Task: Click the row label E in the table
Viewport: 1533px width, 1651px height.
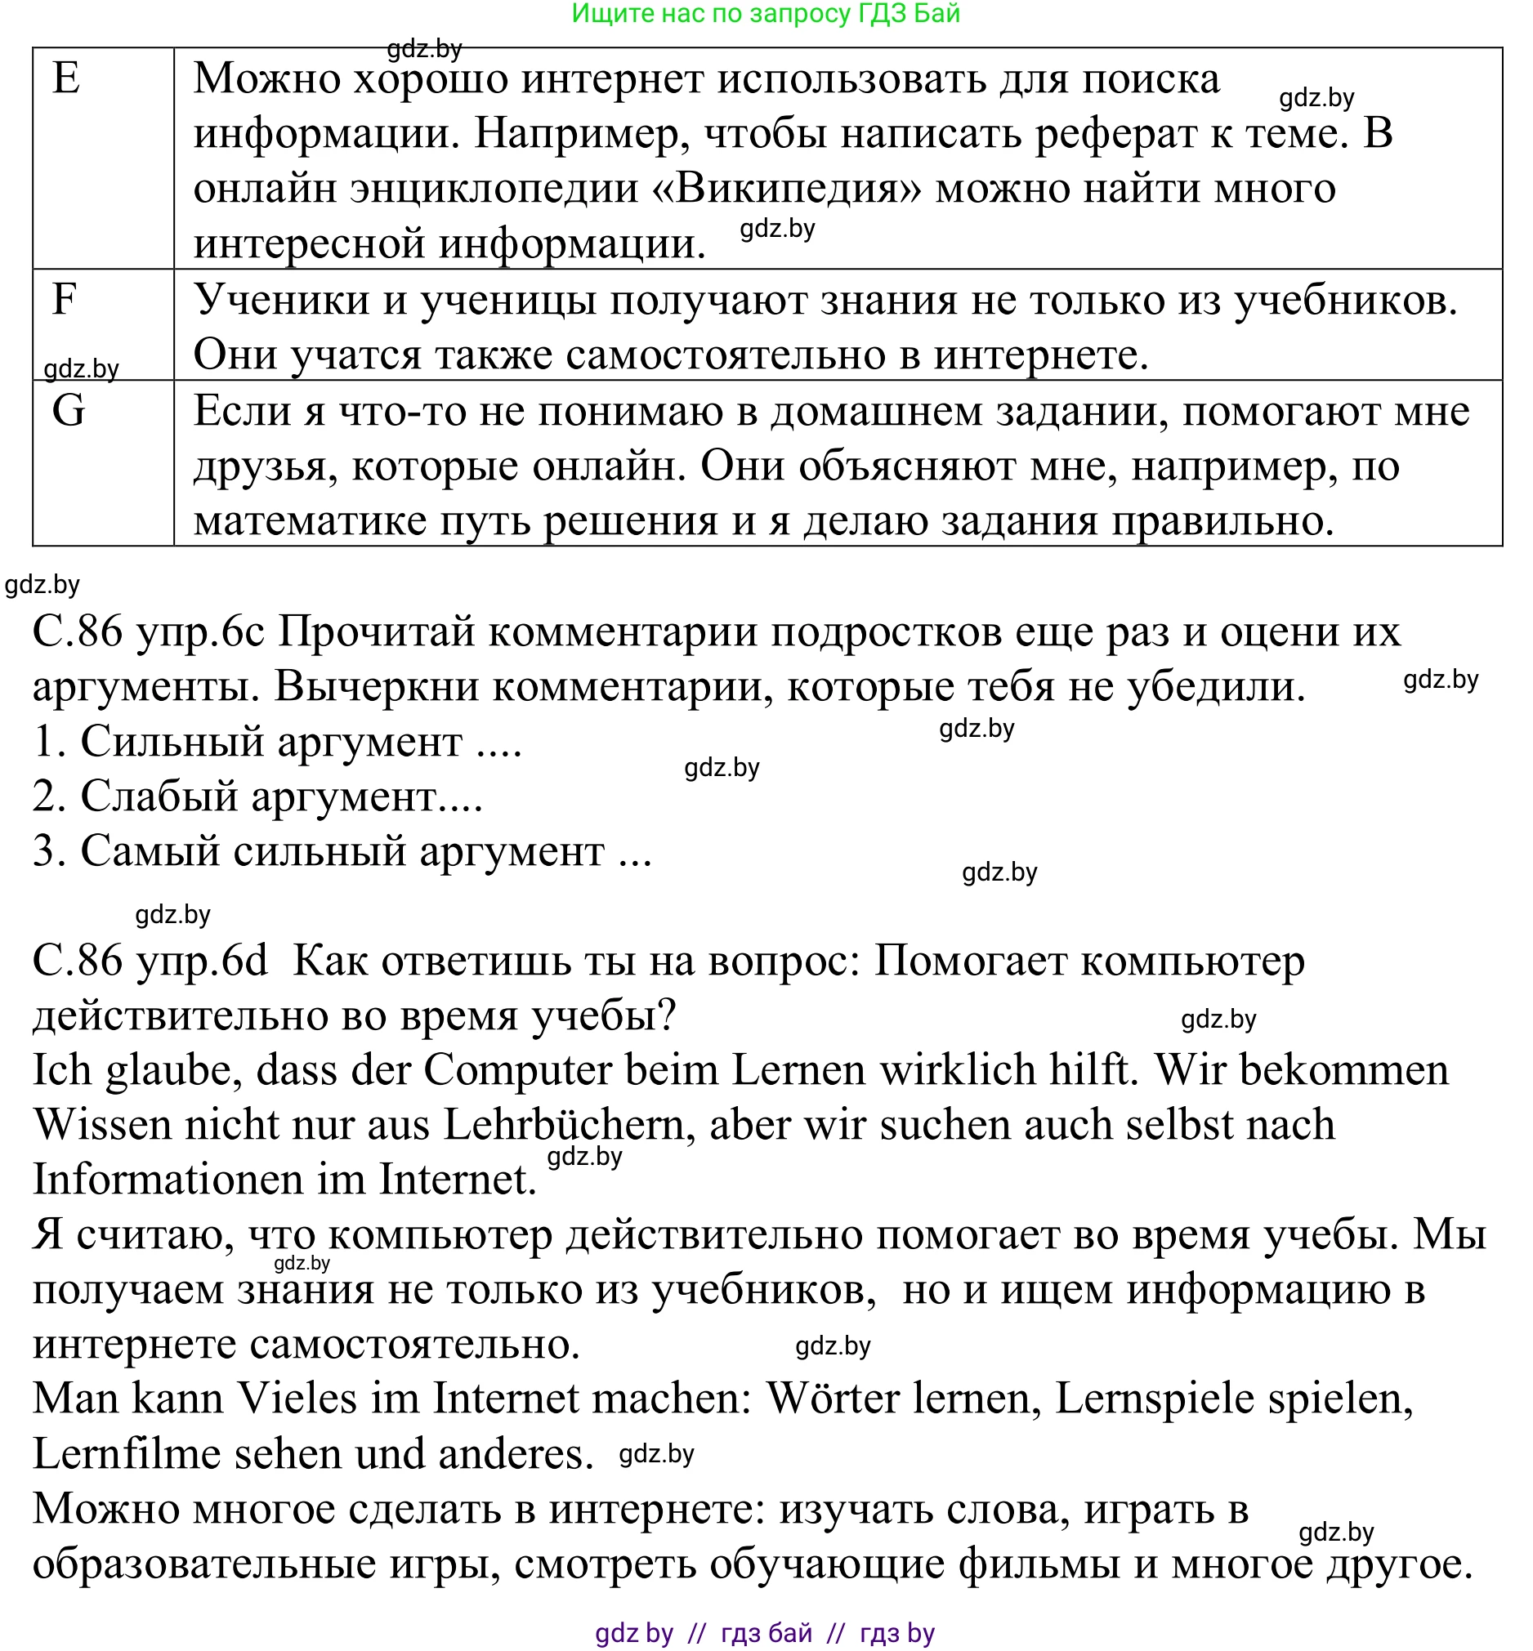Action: [x=66, y=78]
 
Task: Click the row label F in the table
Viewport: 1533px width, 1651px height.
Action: [x=65, y=298]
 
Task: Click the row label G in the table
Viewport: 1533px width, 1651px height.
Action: [x=68, y=410]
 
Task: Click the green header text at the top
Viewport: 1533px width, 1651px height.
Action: [x=765, y=14]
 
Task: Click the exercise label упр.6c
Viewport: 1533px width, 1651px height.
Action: [x=199, y=631]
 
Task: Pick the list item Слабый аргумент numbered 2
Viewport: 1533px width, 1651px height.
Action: [x=257, y=796]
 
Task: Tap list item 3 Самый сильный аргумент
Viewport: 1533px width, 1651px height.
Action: [x=341, y=850]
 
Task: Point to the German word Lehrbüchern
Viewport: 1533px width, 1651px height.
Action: [x=569, y=1125]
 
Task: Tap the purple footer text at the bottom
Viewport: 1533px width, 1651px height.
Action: [x=765, y=1632]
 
